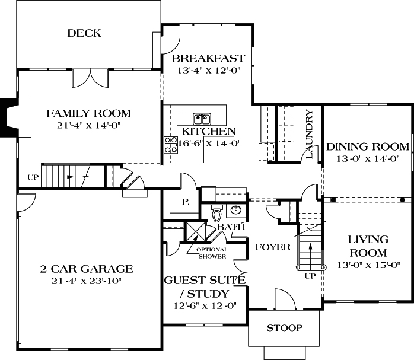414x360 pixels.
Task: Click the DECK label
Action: pos(84,33)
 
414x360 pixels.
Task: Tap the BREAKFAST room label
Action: pos(208,58)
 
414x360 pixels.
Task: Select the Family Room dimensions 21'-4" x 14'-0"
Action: pos(89,126)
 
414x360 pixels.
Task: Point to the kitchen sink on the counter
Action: pos(202,117)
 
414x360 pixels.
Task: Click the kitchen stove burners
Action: pos(171,145)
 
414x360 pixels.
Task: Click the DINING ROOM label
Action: pos(368,146)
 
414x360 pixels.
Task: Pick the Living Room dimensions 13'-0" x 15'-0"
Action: pos(368,265)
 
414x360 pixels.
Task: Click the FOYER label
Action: pos(273,247)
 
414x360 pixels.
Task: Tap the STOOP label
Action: pos(285,327)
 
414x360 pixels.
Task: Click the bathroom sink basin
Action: pos(236,210)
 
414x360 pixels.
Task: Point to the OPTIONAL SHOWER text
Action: pos(212,252)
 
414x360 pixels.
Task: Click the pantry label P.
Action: pos(185,202)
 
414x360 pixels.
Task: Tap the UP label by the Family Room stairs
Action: pos(33,177)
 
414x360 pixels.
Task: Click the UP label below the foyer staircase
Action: pos(309,276)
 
